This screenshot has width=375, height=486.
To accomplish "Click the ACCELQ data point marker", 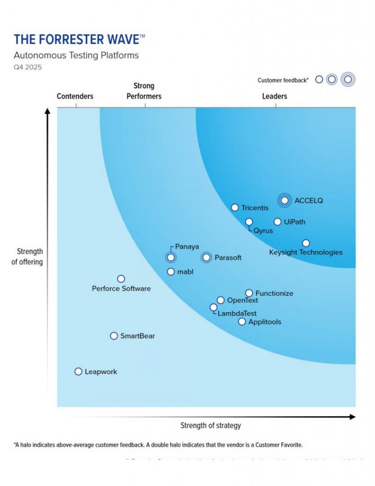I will pos(284,200).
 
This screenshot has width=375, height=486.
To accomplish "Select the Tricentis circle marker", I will pos(235,207).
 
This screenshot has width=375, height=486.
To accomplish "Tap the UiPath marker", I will pos(277,222).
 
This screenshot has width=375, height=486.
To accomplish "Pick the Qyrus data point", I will pos(249,222).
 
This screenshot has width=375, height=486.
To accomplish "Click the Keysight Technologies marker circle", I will pos(306,243).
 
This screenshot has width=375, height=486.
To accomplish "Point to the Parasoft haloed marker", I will pos(206,257).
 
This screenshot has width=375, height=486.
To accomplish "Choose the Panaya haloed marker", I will pos(171,257).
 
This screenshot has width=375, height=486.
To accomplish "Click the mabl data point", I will pos(171,271).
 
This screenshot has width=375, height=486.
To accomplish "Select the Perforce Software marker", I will pos(121,279).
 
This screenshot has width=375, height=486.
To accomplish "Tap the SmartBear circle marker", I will pos(114,336).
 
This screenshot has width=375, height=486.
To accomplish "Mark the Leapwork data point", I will pos(78,371).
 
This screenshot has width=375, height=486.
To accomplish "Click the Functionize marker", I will pos(249,293).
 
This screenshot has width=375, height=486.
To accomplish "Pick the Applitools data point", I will pos(242,321).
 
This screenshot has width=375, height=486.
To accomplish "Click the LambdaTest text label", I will pos(237,313).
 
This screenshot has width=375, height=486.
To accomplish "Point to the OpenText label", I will pos(242,300).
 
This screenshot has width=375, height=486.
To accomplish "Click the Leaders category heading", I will pos(274,96).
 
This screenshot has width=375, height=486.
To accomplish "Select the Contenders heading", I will pos(75,96).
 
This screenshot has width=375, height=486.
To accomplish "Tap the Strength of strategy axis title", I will pos(210,425).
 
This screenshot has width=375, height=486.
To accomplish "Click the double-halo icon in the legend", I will pos(348,80).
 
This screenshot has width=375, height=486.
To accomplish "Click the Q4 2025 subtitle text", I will pos(27,67).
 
